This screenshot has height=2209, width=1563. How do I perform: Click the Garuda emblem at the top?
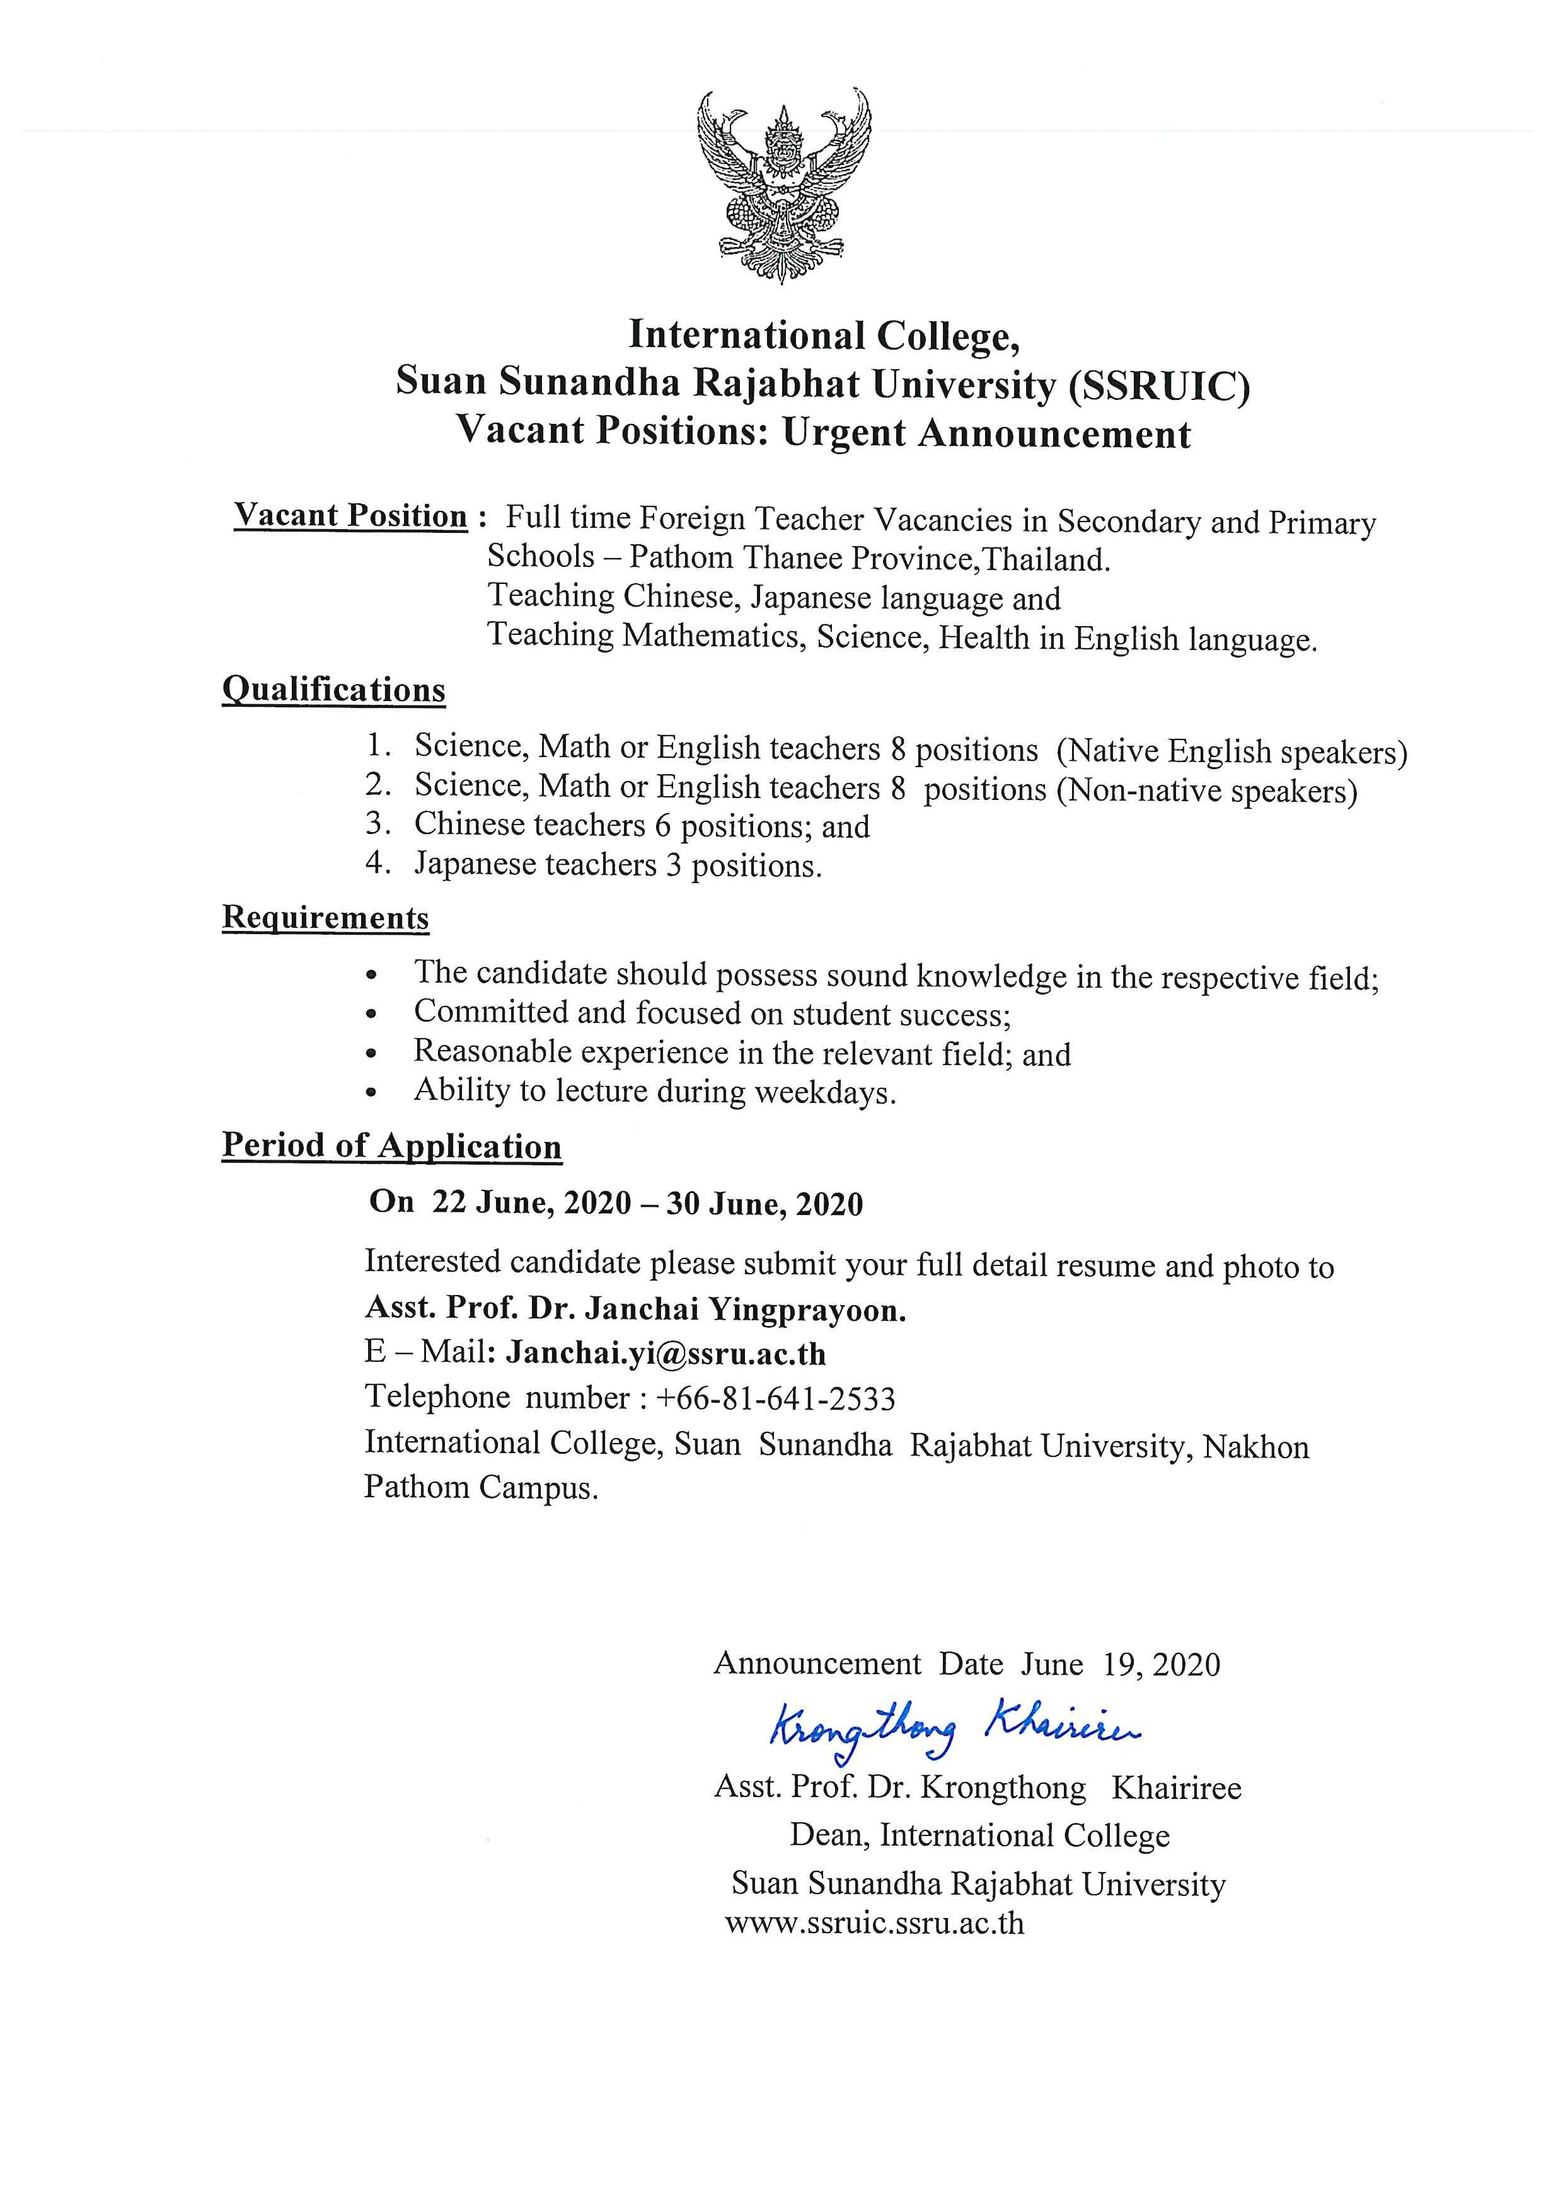click(783, 183)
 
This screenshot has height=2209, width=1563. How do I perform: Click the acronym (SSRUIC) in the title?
click(1158, 386)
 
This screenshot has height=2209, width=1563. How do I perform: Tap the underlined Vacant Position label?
click(350, 516)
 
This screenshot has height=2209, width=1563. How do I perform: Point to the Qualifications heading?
click(334, 690)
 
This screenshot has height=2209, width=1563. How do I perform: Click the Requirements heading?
click(325, 917)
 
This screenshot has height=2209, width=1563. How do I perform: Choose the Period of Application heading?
click(392, 1146)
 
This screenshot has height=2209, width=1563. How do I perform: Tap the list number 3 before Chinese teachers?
click(376, 825)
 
